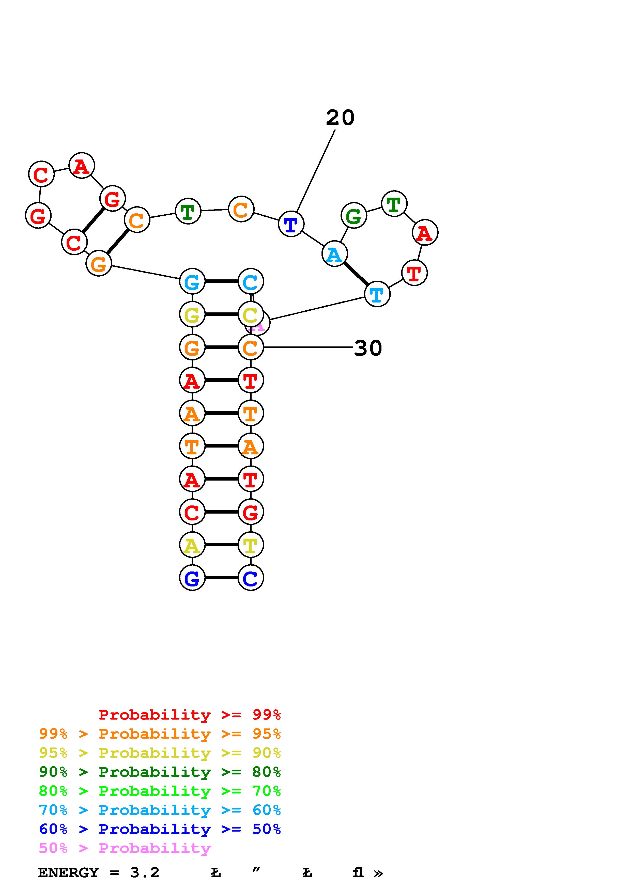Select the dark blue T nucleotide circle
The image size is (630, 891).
pyautogui.click(x=291, y=224)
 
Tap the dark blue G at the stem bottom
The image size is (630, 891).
pyautogui.click(x=192, y=578)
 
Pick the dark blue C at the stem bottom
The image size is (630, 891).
pyautogui.click(x=250, y=578)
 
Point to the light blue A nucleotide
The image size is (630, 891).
pyautogui.click(x=334, y=254)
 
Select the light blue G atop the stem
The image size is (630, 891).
pyautogui.click(x=192, y=281)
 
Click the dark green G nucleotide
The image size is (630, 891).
pyautogui.click(x=353, y=215)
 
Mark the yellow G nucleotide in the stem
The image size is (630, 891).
pyautogui.click(x=192, y=314)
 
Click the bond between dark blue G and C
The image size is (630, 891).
pyautogui.click(x=221, y=578)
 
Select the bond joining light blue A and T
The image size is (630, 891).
pyautogui.click(x=356, y=274)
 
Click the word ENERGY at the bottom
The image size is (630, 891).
pyautogui.click(x=68, y=873)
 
